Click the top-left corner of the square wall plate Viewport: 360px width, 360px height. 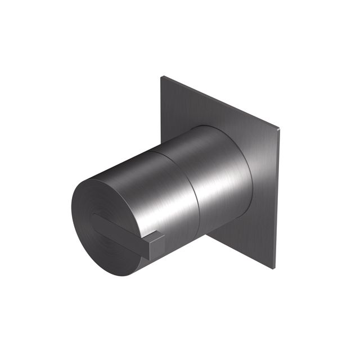point(164,77)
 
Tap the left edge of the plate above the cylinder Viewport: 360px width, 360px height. point(162,107)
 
